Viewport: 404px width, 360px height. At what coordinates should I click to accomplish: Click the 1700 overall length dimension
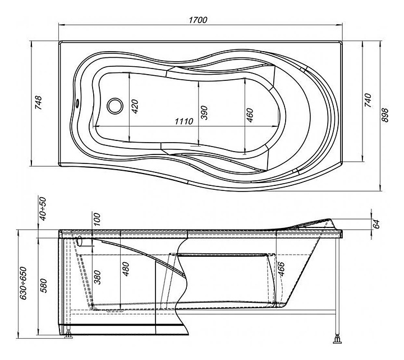199,20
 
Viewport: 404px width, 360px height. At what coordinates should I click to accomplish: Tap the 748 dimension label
38,103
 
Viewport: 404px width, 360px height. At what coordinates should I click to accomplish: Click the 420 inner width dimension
134,106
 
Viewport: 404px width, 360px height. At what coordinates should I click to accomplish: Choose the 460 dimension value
250,114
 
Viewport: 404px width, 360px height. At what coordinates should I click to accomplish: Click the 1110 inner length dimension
183,121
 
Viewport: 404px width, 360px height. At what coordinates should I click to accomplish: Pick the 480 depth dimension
126,270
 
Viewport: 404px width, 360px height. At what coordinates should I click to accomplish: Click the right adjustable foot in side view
338,338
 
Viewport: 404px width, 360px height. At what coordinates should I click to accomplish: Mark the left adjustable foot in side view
68,335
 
